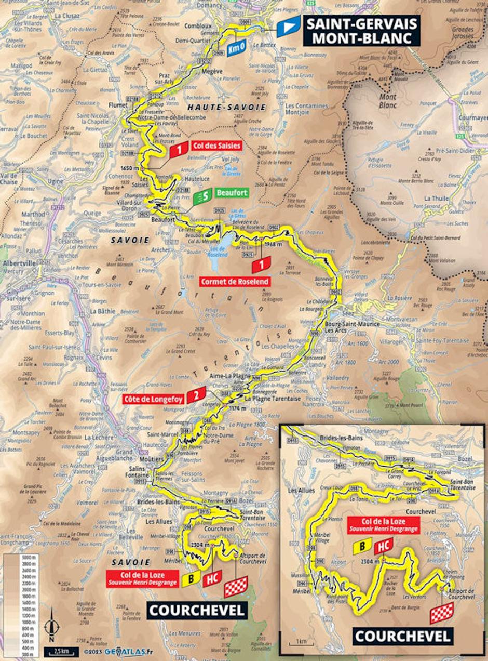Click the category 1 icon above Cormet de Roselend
260,265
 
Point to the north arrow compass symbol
51,631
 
